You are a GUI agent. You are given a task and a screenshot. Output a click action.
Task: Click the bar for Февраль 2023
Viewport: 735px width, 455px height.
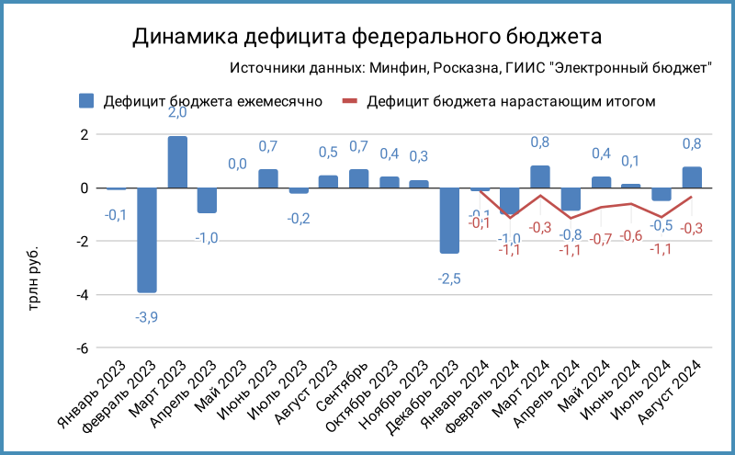[x=147, y=240]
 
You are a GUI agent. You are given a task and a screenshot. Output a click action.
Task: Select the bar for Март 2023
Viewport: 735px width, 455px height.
[x=177, y=163]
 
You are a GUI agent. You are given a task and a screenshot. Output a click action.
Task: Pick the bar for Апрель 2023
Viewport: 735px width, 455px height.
[x=208, y=200]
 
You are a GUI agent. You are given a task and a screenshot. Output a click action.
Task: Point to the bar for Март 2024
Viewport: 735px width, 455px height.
[x=540, y=177]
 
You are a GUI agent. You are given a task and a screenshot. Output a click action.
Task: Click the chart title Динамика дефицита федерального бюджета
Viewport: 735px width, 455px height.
[x=367, y=37]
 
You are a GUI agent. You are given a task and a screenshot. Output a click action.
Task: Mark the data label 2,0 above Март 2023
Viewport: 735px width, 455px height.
[x=177, y=113]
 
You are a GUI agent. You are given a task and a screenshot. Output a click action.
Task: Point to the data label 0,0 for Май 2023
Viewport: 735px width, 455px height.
[x=237, y=164]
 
